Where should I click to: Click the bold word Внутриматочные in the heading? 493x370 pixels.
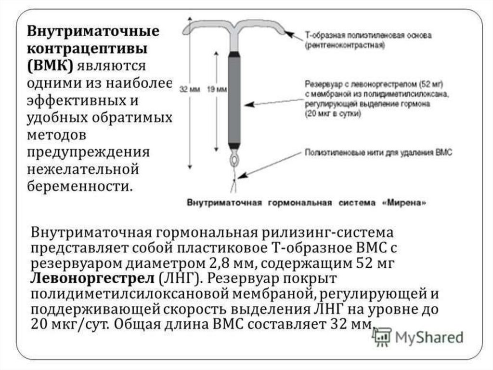point(92,32)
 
